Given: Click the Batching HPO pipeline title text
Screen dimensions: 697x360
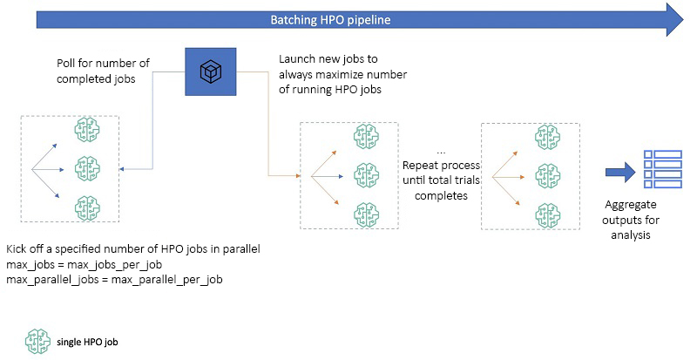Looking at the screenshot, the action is point(331,20).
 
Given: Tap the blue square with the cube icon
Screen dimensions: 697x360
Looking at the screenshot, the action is point(211,71).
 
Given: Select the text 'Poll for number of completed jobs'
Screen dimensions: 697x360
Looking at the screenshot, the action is point(103,71).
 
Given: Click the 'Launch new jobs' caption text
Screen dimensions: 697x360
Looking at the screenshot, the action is point(328,58).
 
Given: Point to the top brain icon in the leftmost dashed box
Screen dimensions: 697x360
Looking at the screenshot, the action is point(87,130).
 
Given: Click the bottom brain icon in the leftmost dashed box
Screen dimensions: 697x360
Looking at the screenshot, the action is point(87,207).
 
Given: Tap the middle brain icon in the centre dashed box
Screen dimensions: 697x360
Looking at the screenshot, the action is point(366,175).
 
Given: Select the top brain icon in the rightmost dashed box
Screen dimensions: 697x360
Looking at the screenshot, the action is point(548,137).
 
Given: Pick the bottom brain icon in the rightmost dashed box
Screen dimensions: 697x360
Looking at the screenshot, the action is point(548,215).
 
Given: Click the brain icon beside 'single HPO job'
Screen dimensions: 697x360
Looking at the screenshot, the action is point(37,342).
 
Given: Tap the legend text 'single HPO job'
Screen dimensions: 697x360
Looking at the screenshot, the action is point(87,343).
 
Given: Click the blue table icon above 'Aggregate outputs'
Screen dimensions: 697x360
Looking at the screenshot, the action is point(663,169).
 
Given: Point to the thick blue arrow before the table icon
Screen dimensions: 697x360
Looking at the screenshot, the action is point(620,173).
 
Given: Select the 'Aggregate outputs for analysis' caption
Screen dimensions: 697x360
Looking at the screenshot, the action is point(630,220).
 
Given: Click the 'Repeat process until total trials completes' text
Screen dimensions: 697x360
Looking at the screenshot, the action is point(441,180).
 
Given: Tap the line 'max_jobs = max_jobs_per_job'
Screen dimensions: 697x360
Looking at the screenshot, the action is point(84,265).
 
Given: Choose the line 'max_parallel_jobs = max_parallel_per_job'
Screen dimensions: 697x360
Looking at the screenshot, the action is point(114,280).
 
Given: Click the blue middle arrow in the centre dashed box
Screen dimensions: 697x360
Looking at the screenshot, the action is point(328,177).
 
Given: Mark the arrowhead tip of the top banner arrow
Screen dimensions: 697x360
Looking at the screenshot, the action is point(683,19).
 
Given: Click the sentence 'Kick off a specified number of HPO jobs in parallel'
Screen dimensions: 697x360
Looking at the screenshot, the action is point(133,248).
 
